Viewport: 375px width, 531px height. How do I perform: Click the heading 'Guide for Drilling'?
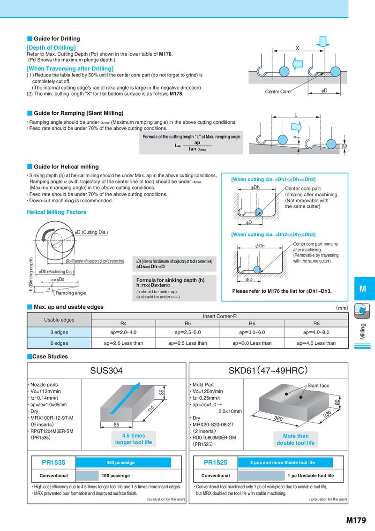coord(57,38)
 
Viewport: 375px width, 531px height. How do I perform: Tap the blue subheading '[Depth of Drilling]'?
coord(51,48)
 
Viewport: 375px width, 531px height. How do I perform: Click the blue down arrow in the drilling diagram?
coord(322,41)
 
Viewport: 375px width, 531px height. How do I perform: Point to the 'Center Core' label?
coord(277,91)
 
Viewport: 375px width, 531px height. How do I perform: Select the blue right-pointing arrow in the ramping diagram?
coord(296,127)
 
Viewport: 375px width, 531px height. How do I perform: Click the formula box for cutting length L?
coord(191,143)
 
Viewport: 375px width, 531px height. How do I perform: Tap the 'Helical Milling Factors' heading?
coord(57,212)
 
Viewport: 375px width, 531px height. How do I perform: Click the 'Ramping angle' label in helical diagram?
coord(71,293)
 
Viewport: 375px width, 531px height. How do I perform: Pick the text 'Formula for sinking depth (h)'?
coord(170,280)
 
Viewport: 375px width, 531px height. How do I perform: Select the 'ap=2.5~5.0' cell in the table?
coord(187,332)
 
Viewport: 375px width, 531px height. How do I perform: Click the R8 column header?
coord(316,323)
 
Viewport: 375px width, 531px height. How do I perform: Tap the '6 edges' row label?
coord(59,343)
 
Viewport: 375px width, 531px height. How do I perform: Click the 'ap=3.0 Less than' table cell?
coord(252,343)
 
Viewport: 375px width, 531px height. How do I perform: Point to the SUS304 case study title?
coord(106,371)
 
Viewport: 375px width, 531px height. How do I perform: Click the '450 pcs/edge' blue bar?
coord(123,463)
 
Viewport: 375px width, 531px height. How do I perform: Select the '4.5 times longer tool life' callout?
coord(133,439)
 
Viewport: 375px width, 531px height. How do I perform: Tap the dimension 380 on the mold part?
coord(278,418)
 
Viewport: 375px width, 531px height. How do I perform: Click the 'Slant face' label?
coord(318,386)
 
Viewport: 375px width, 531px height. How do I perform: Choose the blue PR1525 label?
coord(216,463)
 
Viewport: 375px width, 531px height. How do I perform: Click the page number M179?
coord(356,520)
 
